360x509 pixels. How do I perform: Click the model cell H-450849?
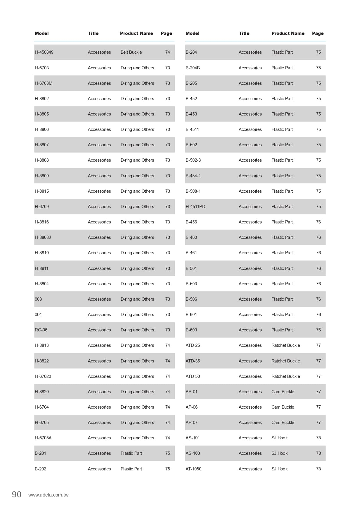point(44,52)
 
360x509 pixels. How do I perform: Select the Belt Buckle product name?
point(131,52)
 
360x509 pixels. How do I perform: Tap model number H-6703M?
point(44,83)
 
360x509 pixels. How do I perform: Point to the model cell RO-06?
point(41,330)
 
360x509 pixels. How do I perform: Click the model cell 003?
point(38,299)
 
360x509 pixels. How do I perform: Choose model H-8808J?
point(43,237)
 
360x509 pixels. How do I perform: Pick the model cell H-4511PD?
point(195,207)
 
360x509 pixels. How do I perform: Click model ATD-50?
point(193,376)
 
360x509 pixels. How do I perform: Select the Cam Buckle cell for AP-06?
point(283,407)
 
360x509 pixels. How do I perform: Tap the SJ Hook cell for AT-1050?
point(279,469)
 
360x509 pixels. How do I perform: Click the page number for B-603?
point(318,330)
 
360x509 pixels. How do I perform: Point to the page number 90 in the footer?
point(17,494)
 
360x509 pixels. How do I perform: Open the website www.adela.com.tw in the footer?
point(48,495)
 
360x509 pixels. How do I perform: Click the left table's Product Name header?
point(136,33)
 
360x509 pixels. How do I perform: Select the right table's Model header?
point(192,33)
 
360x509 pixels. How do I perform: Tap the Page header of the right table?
point(318,33)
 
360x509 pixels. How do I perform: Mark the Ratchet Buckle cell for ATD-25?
point(285,345)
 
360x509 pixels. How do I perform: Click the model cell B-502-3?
point(193,160)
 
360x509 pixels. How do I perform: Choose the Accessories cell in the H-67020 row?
point(99,376)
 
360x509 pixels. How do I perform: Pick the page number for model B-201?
point(167,453)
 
